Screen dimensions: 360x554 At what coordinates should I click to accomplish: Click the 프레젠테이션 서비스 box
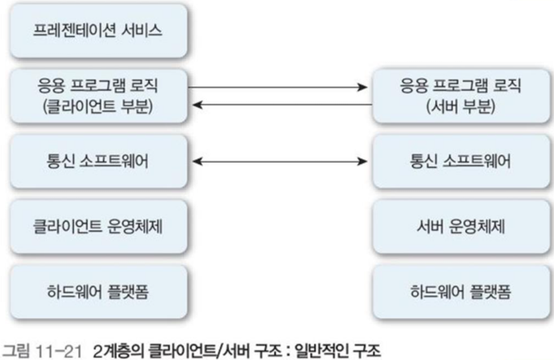95,30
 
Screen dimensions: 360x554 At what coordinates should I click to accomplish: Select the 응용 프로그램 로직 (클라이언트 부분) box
95,96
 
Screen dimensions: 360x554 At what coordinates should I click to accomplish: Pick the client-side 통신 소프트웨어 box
95,161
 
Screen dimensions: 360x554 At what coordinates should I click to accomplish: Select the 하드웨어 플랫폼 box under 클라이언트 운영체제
95,292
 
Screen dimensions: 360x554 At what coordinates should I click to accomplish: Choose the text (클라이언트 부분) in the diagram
95,106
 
